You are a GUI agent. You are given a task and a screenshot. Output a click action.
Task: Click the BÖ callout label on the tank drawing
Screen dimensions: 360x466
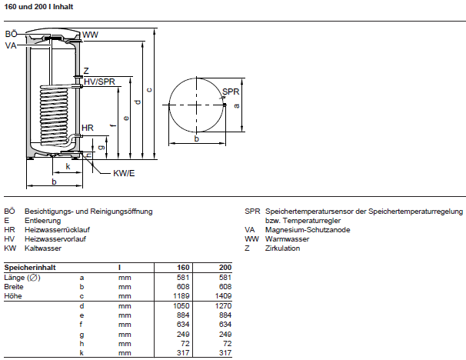click(x=11, y=35)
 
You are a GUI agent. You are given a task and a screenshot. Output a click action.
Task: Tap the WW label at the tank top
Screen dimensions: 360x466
click(x=91, y=35)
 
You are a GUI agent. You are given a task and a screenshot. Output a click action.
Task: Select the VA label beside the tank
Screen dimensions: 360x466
click(x=10, y=46)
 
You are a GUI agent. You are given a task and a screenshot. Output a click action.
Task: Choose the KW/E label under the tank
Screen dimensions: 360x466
click(x=124, y=174)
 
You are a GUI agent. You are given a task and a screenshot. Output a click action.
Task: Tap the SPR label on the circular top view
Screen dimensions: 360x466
click(x=231, y=92)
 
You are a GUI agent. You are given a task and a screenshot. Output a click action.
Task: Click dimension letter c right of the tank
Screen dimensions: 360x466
click(x=149, y=91)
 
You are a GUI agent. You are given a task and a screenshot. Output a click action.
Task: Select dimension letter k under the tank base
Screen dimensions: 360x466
click(x=68, y=165)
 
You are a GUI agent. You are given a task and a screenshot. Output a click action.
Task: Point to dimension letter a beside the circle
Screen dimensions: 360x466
click(x=236, y=105)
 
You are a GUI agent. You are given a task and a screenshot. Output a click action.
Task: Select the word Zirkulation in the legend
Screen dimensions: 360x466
click(x=282, y=248)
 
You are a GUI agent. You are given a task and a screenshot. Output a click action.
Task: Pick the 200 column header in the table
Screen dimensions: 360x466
click(x=225, y=267)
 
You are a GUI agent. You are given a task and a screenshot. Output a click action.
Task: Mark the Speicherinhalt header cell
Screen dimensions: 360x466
click(x=28, y=267)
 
